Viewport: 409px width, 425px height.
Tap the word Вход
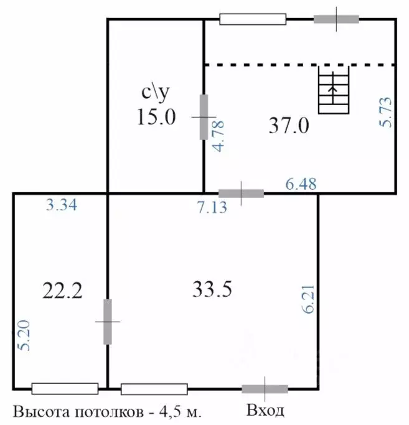click(266, 411)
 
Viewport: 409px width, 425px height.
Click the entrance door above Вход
click(265, 390)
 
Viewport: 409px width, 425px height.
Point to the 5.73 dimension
click(385, 112)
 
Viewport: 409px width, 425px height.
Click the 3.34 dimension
click(62, 205)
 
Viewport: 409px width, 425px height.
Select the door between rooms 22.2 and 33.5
click(108, 321)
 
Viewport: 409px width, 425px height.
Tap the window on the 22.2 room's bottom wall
click(65, 390)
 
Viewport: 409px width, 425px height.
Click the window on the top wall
click(253, 19)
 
